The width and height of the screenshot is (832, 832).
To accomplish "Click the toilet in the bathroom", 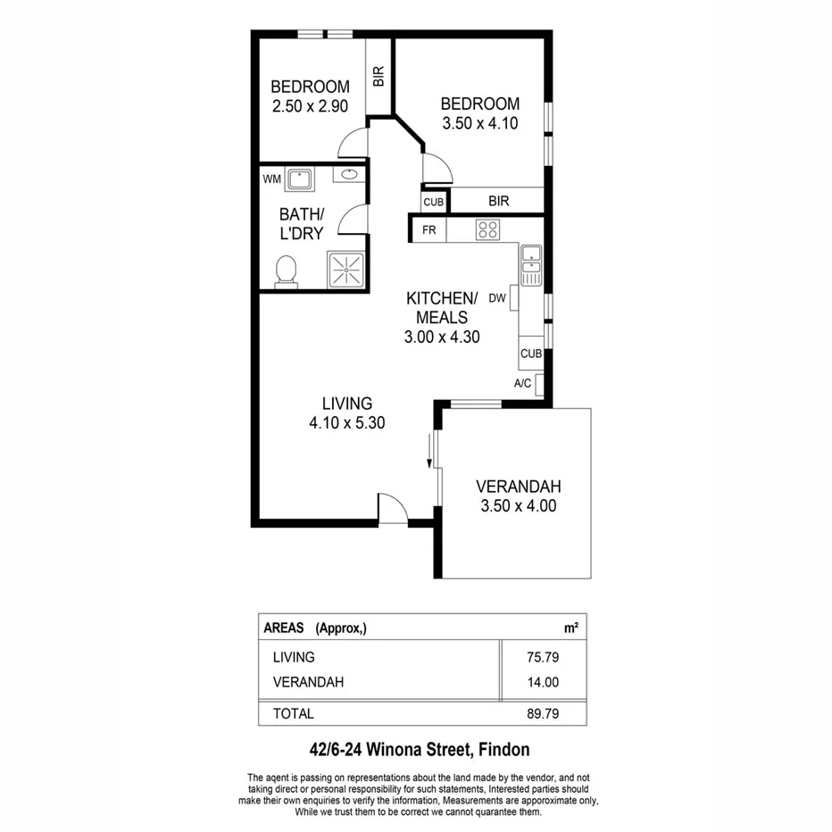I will point(287,271).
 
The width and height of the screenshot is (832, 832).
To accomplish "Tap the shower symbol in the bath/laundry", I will point(344,269).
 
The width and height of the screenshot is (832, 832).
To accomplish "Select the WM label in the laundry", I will point(271,179).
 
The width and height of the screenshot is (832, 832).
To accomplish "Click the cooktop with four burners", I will point(487,229).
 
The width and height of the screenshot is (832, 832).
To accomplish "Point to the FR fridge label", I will point(428,229).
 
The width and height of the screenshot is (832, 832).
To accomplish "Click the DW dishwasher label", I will point(497,298).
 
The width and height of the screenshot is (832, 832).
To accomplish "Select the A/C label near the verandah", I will point(523,384).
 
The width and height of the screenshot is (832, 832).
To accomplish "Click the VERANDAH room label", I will point(518,487).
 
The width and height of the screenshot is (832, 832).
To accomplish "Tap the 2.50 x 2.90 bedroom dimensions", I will point(310,106).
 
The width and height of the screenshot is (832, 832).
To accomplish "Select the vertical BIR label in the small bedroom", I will point(379,77).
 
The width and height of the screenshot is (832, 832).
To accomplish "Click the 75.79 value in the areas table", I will point(542,657).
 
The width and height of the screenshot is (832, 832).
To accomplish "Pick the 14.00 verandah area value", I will point(542,683).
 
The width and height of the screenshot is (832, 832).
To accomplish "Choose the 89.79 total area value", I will point(542,713).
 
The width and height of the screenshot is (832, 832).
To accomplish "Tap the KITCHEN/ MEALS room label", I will point(443,307).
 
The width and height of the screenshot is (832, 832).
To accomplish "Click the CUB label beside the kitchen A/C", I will point(531,354).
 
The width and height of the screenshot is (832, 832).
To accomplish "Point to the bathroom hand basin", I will point(349,174).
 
